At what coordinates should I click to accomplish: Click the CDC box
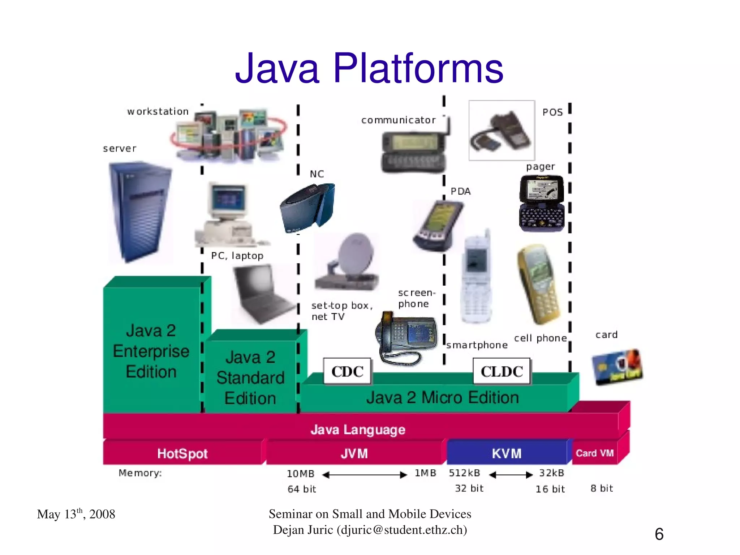(347, 371)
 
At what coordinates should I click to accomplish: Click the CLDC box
(502, 371)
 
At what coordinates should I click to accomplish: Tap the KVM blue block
(507, 453)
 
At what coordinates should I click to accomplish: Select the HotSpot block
(182, 453)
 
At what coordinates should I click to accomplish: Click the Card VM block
(594, 453)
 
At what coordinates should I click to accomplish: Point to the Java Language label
(358, 430)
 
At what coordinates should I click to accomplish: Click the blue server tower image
(140, 212)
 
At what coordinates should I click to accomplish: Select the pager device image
(541, 204)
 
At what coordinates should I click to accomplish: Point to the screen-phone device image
(406, 338)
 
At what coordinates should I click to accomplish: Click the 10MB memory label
(300, 474)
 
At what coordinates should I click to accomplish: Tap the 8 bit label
(602, 488)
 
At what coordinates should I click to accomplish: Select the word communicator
(399, 120)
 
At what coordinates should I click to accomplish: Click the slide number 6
(659, 534)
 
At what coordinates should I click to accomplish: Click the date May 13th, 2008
(76, 514)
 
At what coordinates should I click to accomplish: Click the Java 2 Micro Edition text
(443, 398)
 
